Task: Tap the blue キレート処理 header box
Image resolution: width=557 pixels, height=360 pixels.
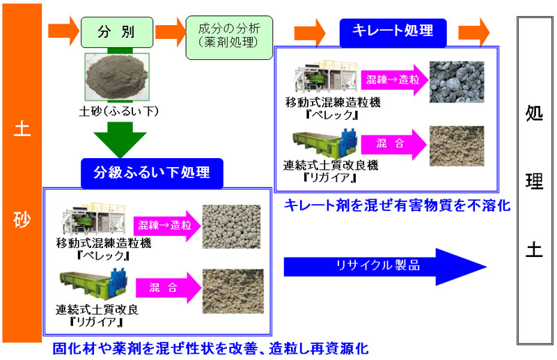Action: click(392, 31)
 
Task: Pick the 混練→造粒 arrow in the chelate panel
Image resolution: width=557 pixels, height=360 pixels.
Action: click(391, 80)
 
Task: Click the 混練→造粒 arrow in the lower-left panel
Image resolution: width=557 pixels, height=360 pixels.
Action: click(166, 226)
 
